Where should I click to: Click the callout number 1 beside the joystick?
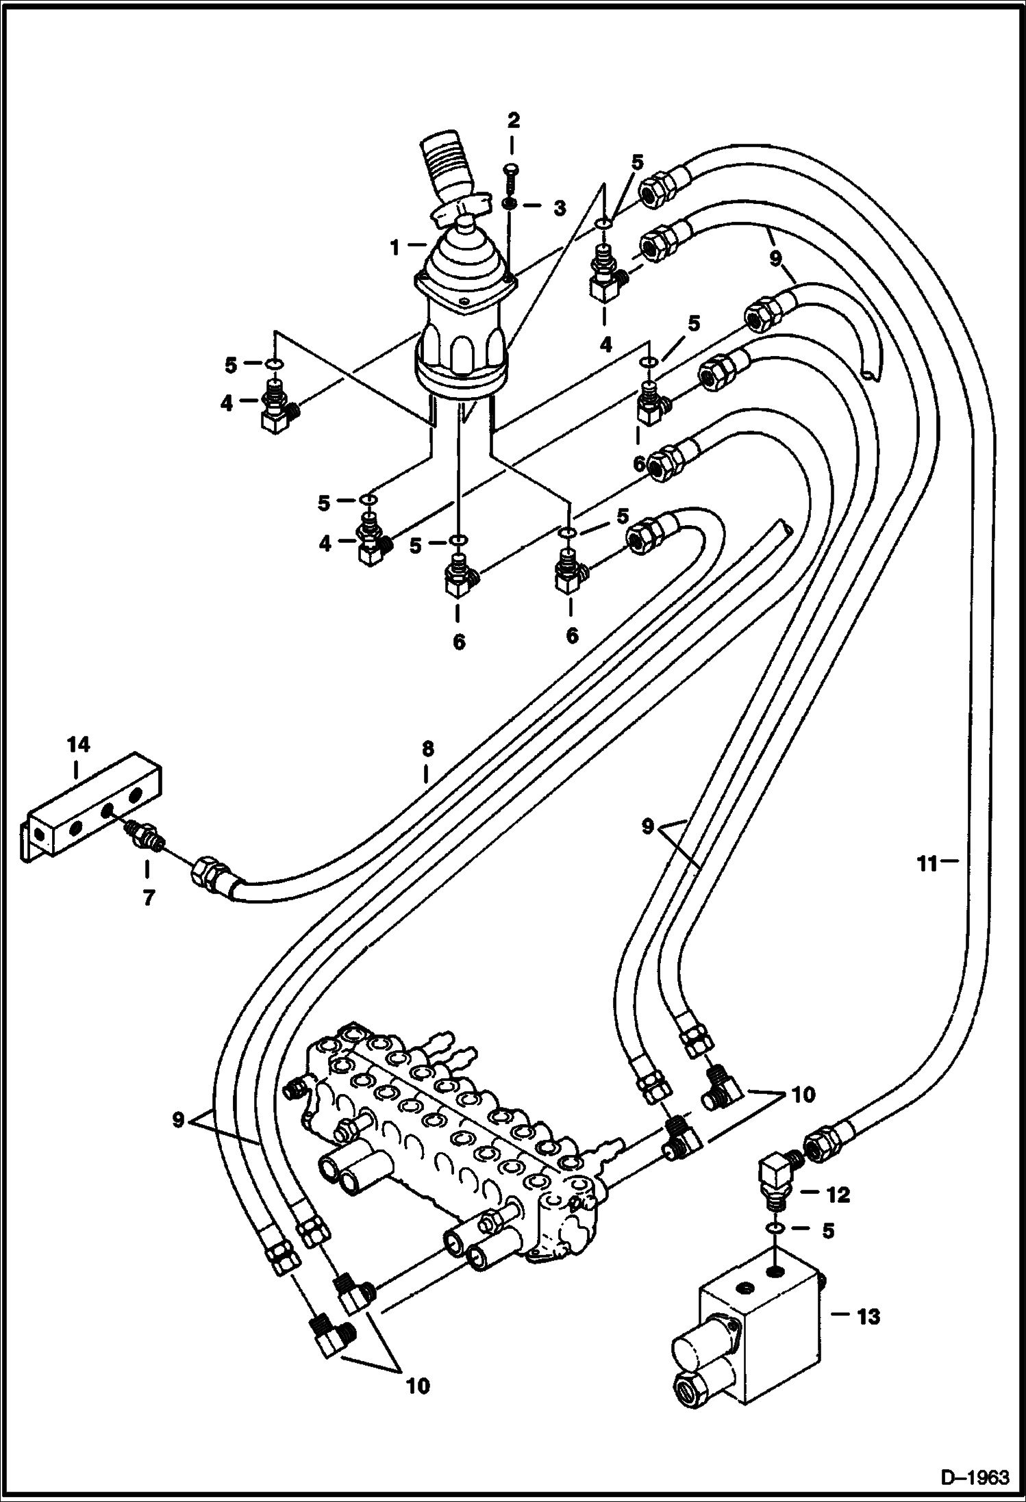point(395,247)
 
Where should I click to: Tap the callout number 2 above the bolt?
point(513,121)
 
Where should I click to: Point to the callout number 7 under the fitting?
point(149,897)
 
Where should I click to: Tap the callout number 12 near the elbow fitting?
point(838,1196)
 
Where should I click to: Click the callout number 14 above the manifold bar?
point(79,744)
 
